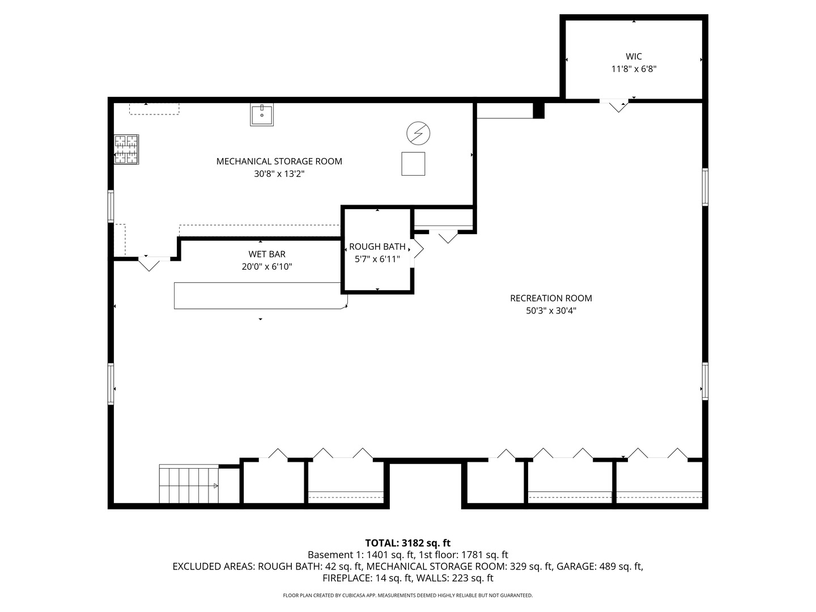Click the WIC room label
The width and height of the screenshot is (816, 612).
click(634, 57)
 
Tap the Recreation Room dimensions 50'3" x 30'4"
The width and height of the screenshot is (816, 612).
click(551, 311)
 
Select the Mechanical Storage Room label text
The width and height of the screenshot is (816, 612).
click(279, 161)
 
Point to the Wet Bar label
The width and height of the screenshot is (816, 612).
click(267, 254)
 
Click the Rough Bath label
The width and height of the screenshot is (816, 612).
click(377, 246)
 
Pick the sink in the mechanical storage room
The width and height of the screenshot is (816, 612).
click(262, 115)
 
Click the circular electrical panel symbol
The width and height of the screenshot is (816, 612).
click(418, 133)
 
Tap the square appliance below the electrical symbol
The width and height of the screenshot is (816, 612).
click(413, 164)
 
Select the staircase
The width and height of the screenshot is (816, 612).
click(189, 484)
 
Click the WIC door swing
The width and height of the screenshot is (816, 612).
click(618, 106)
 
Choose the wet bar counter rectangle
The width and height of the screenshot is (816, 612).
click(261, 295)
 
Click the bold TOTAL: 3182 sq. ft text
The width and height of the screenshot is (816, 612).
click(408, 543)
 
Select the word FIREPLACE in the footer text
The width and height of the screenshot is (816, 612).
click(347, 578)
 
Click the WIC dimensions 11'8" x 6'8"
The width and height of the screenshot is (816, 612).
click(634, 69)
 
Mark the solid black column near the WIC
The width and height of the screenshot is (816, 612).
click(539, 110)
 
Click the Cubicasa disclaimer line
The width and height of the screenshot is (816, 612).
click(408, 595)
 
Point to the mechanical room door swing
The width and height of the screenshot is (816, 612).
click(148, 264)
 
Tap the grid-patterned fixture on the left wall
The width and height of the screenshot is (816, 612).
click(126, 149)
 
